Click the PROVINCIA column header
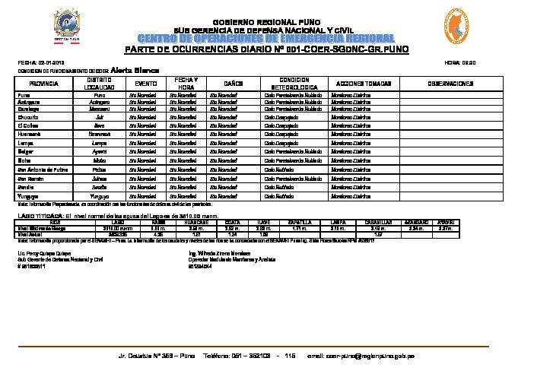pos(43,82)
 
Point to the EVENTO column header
pos(146,82)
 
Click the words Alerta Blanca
pos(134,68)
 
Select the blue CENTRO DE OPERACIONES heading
pos(266,39)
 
